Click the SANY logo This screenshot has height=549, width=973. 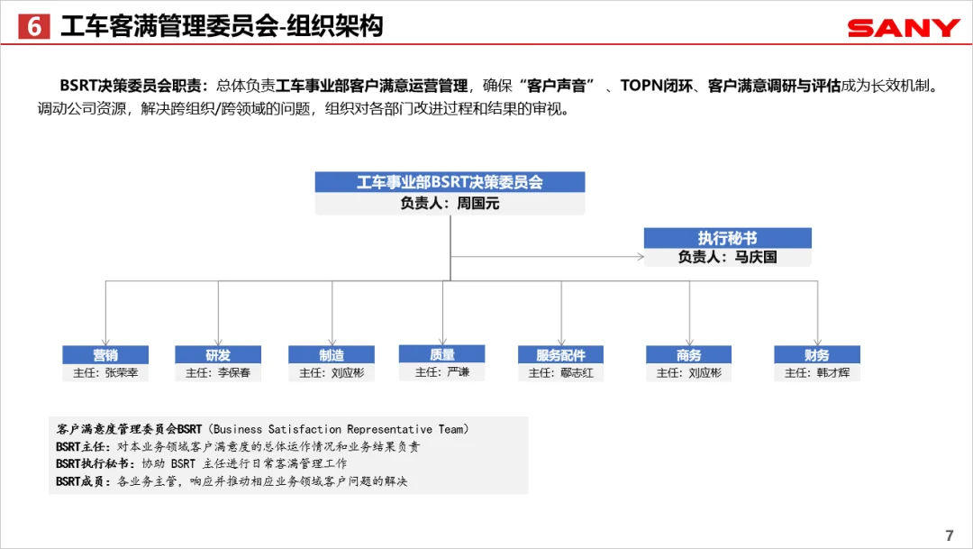point(904,28)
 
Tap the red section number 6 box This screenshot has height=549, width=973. point(34,26)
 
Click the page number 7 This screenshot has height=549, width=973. point(950,535)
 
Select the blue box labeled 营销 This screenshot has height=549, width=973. point(105,354)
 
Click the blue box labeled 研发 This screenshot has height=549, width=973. point(218,354)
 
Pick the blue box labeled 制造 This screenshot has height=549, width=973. point(332,354)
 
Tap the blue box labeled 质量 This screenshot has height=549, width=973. point(441,354)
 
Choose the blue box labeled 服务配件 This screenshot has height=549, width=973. point(561,354)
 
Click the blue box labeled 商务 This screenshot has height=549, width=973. point(689,354)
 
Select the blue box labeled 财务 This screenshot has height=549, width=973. point(817,354)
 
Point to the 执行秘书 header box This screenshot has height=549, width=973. point(727,238)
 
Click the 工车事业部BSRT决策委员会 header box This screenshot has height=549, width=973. point(450,182)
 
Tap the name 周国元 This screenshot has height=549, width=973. point(477,203)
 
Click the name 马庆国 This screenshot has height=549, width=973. point(756,257)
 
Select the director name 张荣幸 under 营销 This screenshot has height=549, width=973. point(122,372)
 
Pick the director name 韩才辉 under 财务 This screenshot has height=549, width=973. point(833,372)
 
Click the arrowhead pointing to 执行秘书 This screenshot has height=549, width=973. point(641,257)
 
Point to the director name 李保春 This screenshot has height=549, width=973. point(234,372)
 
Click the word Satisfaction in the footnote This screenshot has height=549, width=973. point(305,429)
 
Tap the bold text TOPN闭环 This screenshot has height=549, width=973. point(656,86)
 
